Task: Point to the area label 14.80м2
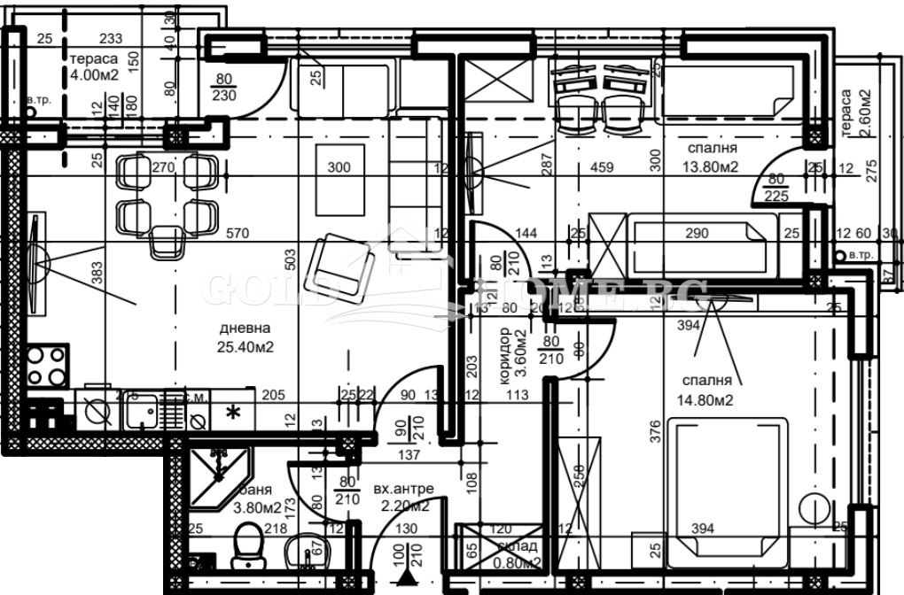tap(706, 398)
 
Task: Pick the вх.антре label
tap(403, 490)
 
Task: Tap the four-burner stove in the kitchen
tap(46, 366)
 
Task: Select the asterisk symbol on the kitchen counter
tap(233, 412)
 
